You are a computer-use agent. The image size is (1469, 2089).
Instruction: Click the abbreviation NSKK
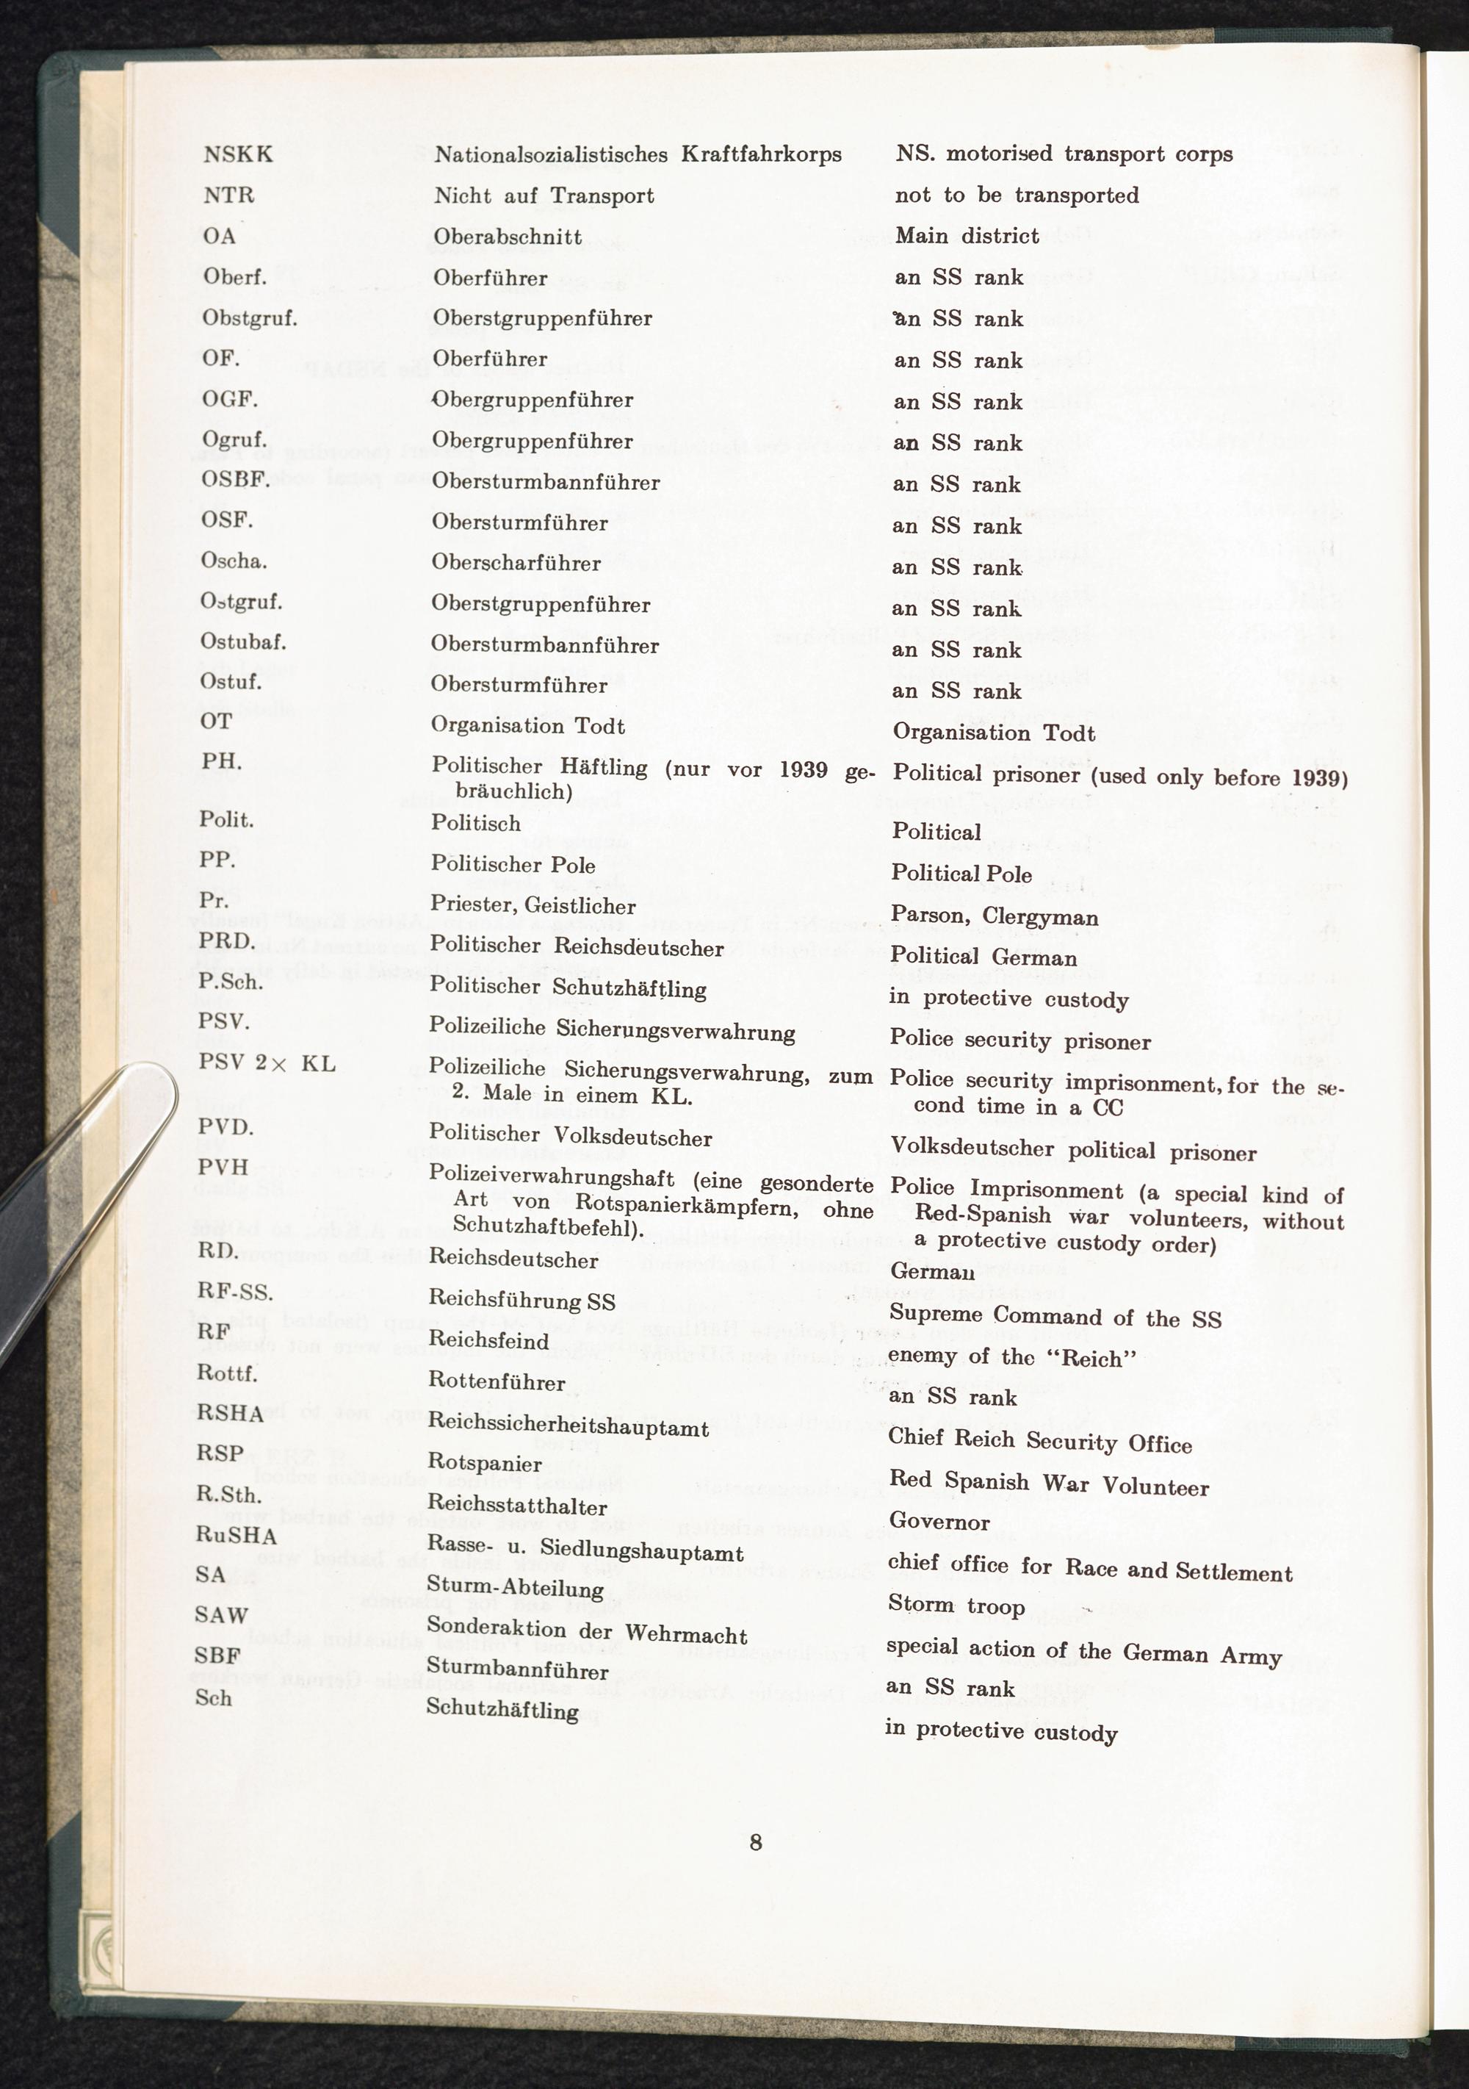pos(237,154)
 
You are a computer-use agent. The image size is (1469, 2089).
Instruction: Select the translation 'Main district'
pos(966,237)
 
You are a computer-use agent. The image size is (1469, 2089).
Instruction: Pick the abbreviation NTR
pos(228,195)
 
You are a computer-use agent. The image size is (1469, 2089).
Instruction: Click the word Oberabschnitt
pos(507,237)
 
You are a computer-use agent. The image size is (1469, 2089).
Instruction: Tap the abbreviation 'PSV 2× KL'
pos(266,1063)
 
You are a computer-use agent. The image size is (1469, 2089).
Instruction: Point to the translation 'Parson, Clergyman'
pos(995,916)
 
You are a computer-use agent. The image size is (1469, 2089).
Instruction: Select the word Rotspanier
pos(484,1464)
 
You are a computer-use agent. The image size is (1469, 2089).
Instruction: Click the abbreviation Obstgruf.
pos(249,318)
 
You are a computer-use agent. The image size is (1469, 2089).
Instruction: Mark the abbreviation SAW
pos(221,1615)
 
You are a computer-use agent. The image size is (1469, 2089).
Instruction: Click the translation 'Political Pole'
pos(961,874)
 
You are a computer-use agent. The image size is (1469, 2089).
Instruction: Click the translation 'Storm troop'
pos(956,1606)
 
